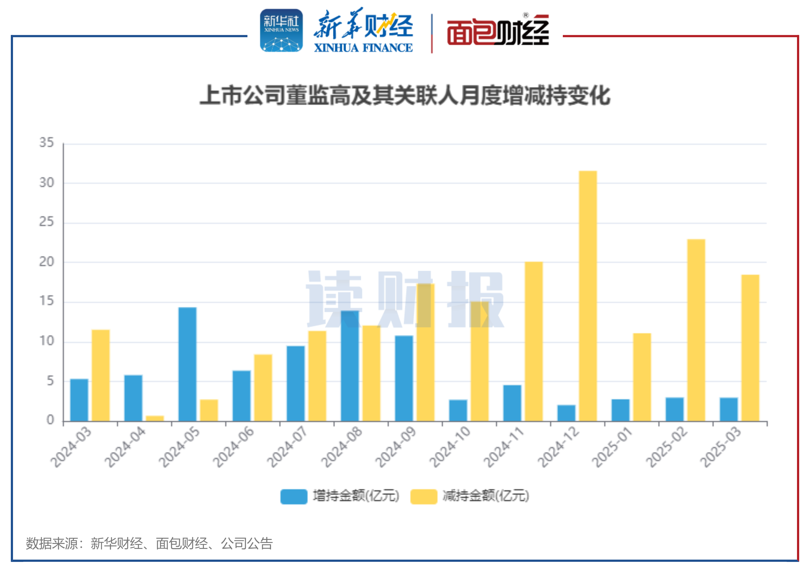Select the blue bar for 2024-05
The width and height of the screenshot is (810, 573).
[187, 364]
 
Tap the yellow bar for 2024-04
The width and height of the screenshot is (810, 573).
[155, 418]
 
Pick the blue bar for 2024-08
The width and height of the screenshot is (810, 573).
[350, 366]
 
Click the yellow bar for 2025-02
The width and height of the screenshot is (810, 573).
[696, 330]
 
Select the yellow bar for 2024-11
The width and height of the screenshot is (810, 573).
[533, 341]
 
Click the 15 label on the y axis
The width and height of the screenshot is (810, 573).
[47, 301]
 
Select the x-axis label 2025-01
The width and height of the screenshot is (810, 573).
[612, 447]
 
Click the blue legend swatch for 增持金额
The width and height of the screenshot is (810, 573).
[293, 496]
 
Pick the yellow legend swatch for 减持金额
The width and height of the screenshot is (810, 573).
[423, 496]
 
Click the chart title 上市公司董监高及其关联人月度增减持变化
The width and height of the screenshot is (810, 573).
[405, 95]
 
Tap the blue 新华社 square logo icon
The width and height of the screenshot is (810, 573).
[281, 31]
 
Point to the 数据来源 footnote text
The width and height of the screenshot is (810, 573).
[149, 543]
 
